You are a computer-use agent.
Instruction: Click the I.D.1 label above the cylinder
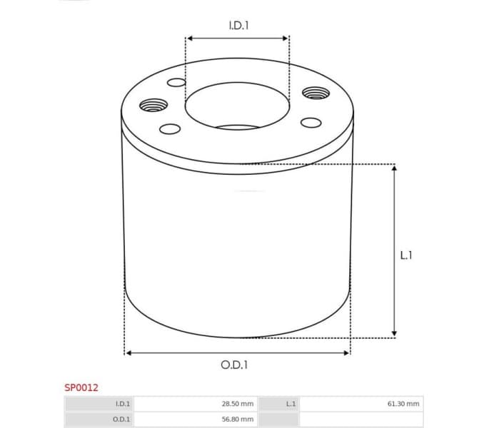pyautogui.click(x=238, y=25)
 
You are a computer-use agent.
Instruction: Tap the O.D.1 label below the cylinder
pyautogui.click(x=234, y=365)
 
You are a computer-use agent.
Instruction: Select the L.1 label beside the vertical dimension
pyautogui.click(x=405, y=254)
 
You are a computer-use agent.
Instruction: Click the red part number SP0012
pyautogui.click(x=81, y=387)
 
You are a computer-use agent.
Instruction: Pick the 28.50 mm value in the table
pyautogui.click(x=237, y=404)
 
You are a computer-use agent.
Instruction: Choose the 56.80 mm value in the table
pyautogui.click(x=237, y=419)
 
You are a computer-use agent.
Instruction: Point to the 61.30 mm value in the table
pyautogui.click(x=403, y=404)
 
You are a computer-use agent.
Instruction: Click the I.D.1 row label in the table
pyautogui.click(x=123, y=404)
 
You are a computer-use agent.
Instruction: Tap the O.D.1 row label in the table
pyautogui.click(x=122, y=419)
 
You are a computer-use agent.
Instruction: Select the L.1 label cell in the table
pyautogui.click(x=291, y=404)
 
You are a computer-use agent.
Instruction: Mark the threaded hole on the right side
pyautogui.click(x=314, y=93)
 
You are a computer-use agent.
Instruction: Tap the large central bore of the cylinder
pyautogui.click(x=238, y=108)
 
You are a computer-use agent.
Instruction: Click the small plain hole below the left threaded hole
pyautogui.click(x=170, y=129)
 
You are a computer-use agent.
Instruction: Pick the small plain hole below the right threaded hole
pyautogui.click(x=311, y=121)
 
